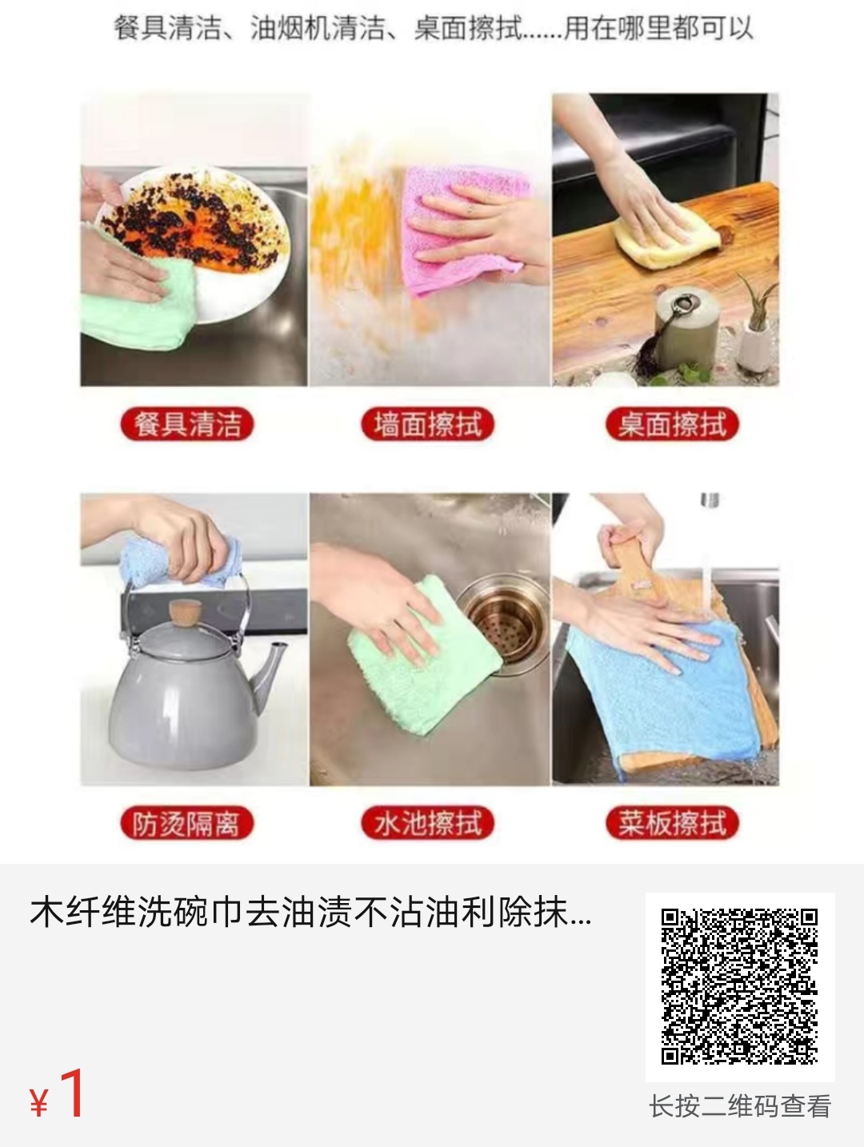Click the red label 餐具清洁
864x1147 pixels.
pos(187,424)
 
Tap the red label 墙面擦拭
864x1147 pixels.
pos(428,424)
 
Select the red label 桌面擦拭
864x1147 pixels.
pos(671,424)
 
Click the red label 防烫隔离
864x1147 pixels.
pos(187,823)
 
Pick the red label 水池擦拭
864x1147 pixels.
pos(428,823)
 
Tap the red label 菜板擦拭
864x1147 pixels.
pos(671,823)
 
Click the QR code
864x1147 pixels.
pos(739,986)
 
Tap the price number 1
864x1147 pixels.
pos(72,1094)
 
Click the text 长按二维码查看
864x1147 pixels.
pos(739,1106)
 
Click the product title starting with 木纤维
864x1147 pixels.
pos(311,913)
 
